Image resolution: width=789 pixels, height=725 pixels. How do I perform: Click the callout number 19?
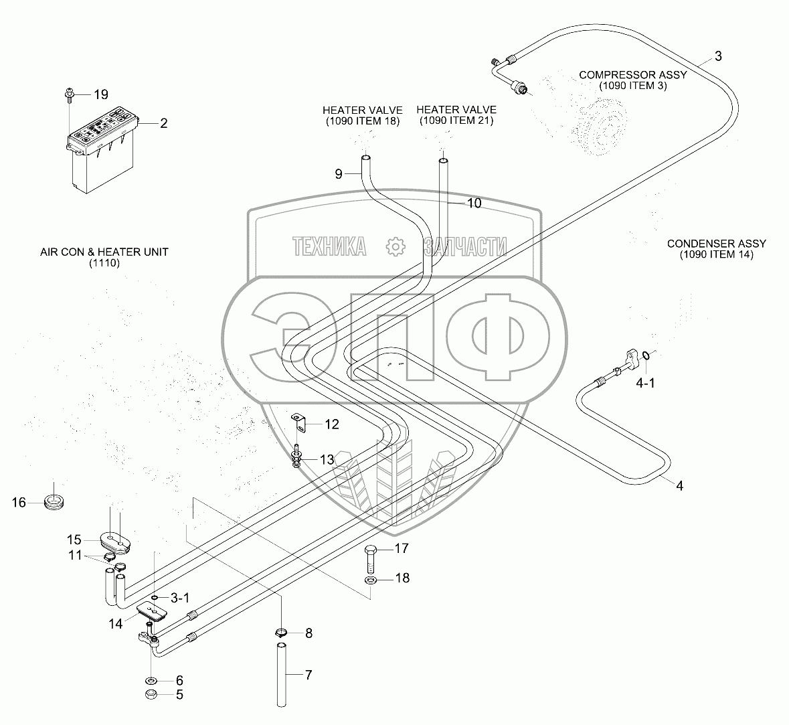tap(100, 94)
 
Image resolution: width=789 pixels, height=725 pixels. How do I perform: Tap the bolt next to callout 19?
tap(70, 95)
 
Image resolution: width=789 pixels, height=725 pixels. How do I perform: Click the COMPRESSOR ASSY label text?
tap(632, 80)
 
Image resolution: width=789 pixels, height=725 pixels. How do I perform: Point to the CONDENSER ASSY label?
tap(716, 249)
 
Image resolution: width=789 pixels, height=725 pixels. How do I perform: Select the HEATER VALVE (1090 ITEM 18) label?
tap(362, 115)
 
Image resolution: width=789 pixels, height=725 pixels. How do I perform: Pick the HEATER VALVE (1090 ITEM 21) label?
tap(456, 115)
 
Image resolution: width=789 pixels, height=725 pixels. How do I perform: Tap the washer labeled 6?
tap(151, 681)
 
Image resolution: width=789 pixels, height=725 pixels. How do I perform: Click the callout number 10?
tap(473, 203)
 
